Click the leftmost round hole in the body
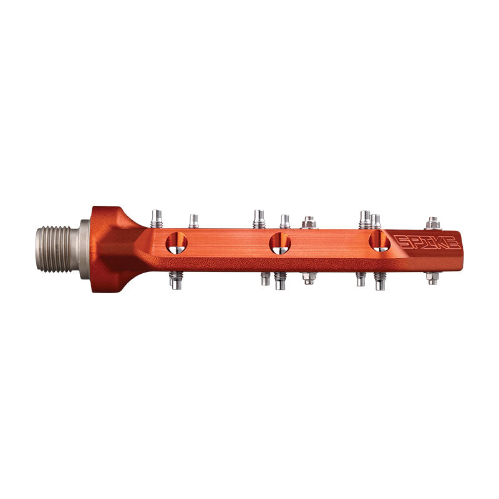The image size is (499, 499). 176,242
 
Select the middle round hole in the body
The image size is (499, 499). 280,243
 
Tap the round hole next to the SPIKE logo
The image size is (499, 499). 379,241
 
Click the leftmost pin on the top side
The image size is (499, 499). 157,219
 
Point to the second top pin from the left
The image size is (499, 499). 194,221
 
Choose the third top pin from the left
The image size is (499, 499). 259,219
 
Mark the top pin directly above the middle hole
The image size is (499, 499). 284,221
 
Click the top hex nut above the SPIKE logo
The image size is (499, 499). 433,223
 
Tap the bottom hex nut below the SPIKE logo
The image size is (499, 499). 432,278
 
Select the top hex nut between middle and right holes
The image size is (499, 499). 308,222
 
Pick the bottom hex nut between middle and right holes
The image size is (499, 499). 308,278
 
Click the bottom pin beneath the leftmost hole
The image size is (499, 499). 175,280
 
